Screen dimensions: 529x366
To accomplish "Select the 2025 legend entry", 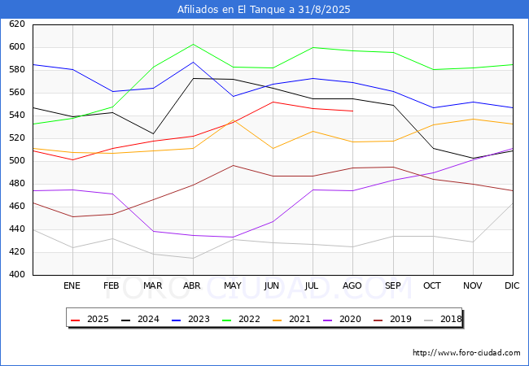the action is click(x=90, y=319).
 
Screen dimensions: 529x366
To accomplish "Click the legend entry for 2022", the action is click(x=241, y=319).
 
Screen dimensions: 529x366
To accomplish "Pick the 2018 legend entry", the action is click(x=443, y=319).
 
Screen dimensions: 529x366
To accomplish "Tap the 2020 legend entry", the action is click(x=342, y=319).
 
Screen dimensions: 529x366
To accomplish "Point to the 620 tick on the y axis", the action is click(x=17, y=24).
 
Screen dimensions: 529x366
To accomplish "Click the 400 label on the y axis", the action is click(x=17, y=274).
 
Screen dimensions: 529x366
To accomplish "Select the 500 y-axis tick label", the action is click(x=17, y=160).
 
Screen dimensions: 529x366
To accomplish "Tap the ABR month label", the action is click(x=192, y=285).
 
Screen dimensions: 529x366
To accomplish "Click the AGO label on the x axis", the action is click(x=352, y=285).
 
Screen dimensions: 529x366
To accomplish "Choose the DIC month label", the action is click(x=512, y=285).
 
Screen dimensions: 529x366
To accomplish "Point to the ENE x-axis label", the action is click(x=72, y=285).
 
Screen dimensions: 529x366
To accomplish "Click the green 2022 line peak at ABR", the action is click(x=193, y=44).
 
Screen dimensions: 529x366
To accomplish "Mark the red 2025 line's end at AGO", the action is click(x=353, y=111).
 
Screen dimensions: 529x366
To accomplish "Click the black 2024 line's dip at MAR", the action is click(x=153, y=134).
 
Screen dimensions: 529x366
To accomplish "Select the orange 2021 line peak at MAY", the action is click(x=233, y=120).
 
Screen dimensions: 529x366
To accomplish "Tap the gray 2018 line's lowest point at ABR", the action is click(x=193, y=258).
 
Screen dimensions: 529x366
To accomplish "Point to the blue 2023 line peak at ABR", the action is click(x=193, y=62).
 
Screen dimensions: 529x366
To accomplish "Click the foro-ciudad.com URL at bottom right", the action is click(x=466, y=353).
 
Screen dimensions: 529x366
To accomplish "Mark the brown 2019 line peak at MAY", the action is click(x=233, y=165).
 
